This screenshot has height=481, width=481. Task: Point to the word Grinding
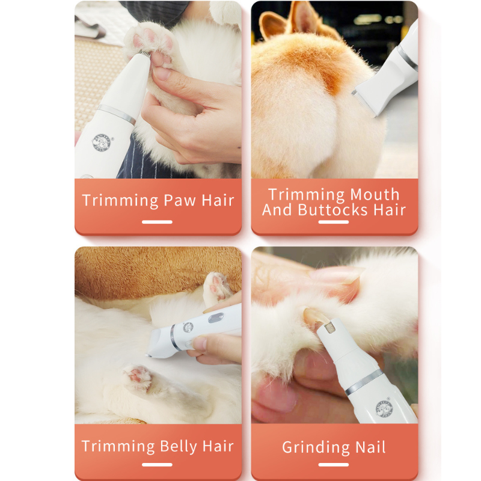pos(315,448)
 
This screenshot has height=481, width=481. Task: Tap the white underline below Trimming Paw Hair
pos(158,222)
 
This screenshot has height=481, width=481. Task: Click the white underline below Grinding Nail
pos(334,464)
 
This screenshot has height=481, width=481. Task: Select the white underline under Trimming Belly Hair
pos(158,464)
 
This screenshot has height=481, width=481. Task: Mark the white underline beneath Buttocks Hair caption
pos(334,222)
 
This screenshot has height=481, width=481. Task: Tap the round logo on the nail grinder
pos(383,408)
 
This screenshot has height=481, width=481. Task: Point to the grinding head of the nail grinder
pos(329,326)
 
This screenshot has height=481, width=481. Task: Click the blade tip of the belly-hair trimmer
pos(150,355)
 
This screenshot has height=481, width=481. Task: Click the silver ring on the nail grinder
pos(364,382)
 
